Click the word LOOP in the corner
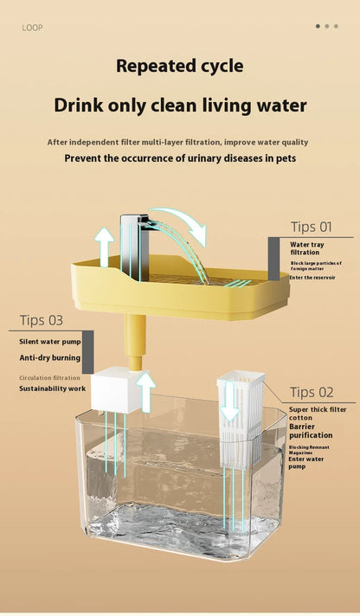(x=32, y=27)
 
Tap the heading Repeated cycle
(x=180, y=66)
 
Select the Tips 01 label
(x=311, y=227)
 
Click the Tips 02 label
(x=312, y=392)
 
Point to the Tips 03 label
(x=42, y=320)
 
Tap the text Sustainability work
(x=53, y=388)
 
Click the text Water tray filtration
(x=307, y=248)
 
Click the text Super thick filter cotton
(x=316, y=414)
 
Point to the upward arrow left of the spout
(x=105, y=246)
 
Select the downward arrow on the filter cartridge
(x=230, y=402)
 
